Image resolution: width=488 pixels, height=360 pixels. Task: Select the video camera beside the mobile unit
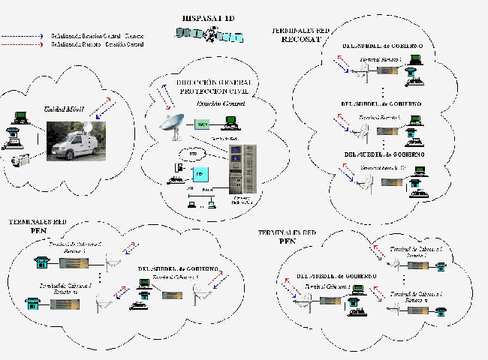(x=21, y=160)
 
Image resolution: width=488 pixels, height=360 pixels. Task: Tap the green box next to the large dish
(x=202, y=124)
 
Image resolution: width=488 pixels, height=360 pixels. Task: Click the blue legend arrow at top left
(x=23, y=35)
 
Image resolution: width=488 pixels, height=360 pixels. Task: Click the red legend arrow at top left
(x=23, y=44)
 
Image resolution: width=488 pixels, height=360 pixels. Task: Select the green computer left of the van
(x=21, y=117)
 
